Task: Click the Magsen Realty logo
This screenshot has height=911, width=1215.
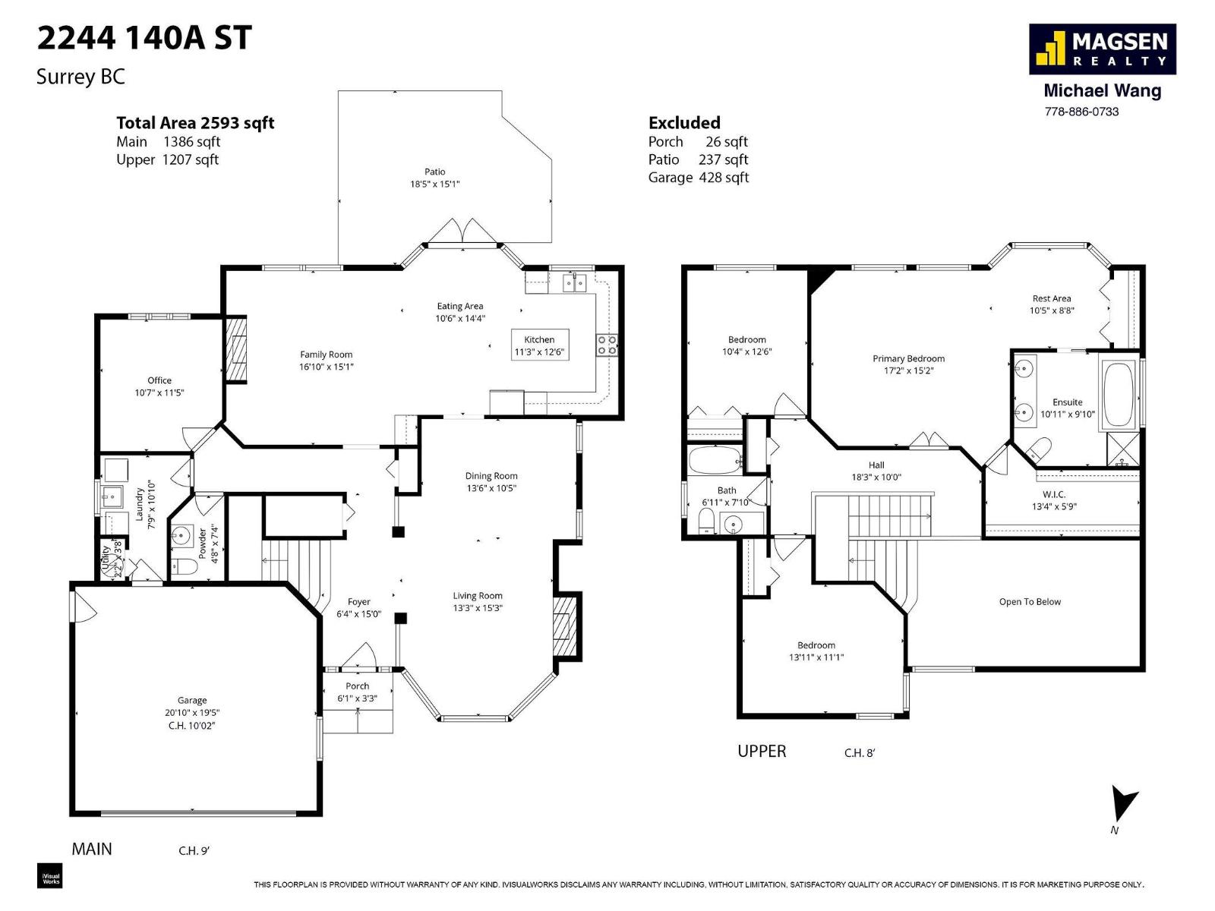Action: click(1102, 49)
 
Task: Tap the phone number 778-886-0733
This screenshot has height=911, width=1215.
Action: click(1081, 112)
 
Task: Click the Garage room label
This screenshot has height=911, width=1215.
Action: click(192, 701)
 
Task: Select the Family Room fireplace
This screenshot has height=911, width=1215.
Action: click(237, 349)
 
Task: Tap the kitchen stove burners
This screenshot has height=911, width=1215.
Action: click(607, 345)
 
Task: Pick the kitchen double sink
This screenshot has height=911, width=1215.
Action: click(574, 283)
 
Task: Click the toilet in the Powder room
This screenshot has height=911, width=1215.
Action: click(183, 566)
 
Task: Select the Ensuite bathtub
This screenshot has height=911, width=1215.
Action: click(1118, 395)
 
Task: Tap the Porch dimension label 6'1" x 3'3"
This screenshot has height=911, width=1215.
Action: click(357, 698)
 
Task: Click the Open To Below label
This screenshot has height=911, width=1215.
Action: click(1030, 602)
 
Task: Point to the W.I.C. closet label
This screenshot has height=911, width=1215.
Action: click(1054, 494)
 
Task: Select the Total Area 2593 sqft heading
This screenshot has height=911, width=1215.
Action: click(195, 123)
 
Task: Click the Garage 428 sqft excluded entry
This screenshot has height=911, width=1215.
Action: click(698, 178)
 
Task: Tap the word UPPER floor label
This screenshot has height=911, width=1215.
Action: click(762, 752)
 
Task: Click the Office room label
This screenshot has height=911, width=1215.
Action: click(159, 380)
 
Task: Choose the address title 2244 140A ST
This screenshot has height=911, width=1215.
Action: click(144, 39)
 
